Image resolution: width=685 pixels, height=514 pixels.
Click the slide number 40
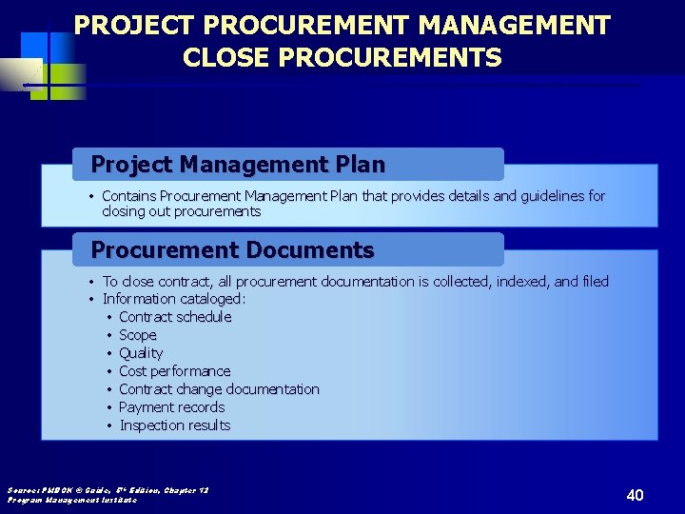[x=636, y=495]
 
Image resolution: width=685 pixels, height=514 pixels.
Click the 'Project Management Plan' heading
[x=238, y=165]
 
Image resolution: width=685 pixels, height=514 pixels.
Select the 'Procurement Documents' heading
[x=232, y=250]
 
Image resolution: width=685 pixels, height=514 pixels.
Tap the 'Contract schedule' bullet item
[x=175, y=317]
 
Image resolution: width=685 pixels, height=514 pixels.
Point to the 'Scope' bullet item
[x=138, y=335]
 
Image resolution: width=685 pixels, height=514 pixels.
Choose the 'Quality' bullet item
[x=141, y=353]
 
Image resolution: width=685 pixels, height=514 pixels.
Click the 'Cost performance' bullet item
[x=175, y=371]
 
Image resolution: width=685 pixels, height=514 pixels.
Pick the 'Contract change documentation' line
[x=219, y=389]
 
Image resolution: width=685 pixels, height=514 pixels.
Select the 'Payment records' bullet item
[x=172, y=407]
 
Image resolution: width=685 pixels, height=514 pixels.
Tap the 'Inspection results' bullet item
[x=175, y=425]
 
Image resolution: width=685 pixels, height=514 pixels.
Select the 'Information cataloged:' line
[x=174, y=299]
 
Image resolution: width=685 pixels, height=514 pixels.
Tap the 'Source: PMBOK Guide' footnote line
[x=108, y=489]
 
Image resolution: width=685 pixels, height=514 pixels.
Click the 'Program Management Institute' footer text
[x=72, y=500]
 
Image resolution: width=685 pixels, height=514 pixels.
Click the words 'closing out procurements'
[x=182, y=211]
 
